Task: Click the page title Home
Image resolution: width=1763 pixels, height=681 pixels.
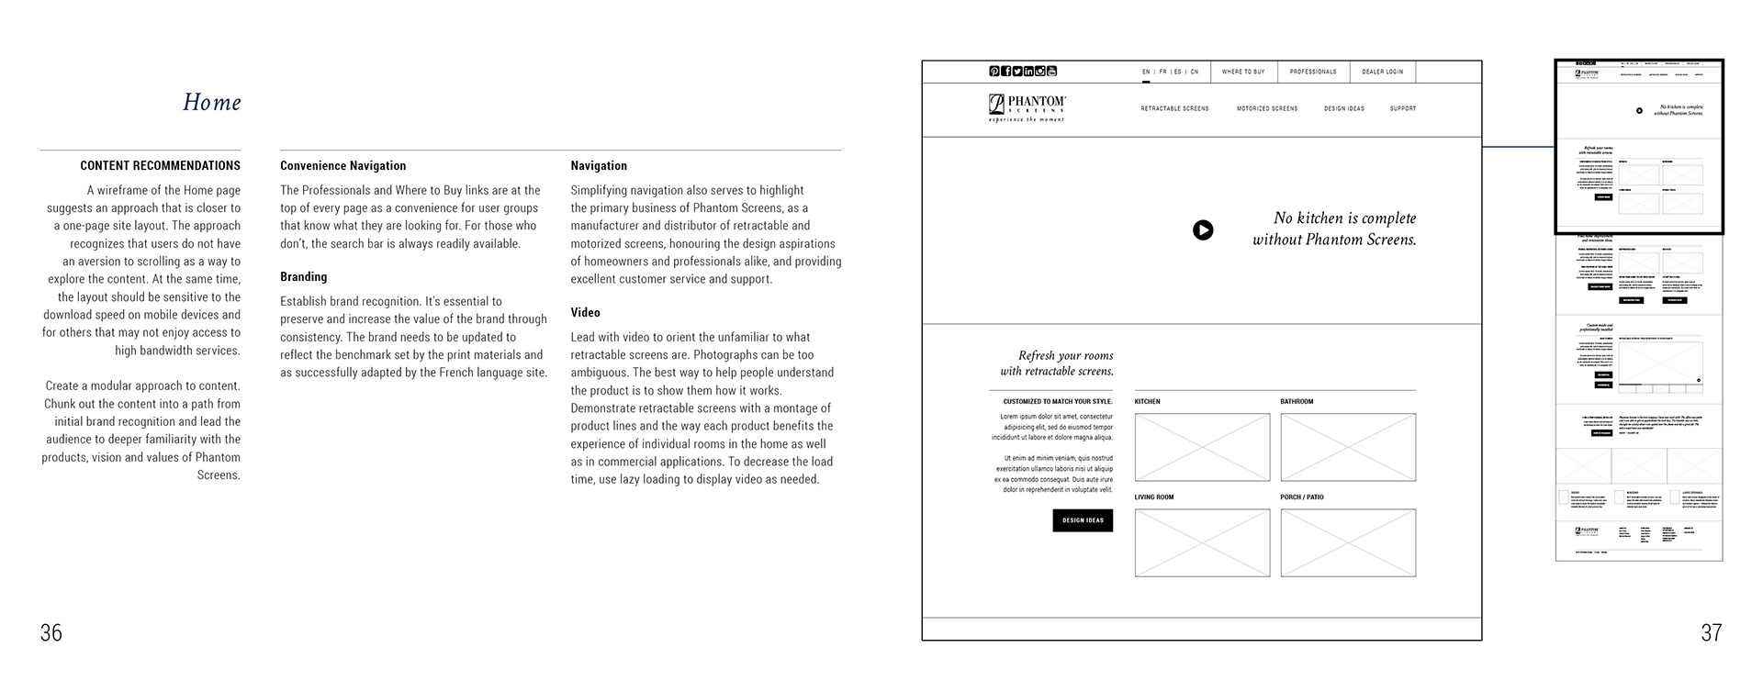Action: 211,102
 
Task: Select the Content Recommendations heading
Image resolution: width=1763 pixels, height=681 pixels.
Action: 160,166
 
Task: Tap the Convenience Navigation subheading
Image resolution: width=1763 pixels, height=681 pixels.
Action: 342,166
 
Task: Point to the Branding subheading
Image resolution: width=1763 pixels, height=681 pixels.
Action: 303,277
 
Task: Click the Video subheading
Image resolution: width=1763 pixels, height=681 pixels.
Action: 585,313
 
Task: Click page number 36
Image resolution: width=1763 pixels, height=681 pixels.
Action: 51,632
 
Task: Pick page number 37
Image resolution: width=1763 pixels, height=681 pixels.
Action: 1711,632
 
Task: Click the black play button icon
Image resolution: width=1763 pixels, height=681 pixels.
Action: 1203,230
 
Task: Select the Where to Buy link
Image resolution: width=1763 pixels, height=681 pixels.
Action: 1243,72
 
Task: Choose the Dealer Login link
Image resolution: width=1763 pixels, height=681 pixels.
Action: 1382,72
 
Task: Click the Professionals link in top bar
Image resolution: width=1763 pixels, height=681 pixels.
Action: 1313,72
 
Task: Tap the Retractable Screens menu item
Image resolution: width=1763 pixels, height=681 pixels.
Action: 1174,109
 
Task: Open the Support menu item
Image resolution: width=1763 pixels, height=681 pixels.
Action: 1402,109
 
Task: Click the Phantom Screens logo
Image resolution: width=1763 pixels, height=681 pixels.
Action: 1027,107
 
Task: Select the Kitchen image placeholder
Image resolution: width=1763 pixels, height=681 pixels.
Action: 1202,447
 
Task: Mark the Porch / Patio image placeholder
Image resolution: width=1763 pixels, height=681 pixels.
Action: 1348,543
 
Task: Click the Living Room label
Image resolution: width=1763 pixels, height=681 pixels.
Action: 1154,497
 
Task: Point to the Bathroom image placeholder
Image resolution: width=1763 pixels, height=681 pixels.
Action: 1348,447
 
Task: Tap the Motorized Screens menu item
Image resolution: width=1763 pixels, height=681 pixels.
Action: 1267,109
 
